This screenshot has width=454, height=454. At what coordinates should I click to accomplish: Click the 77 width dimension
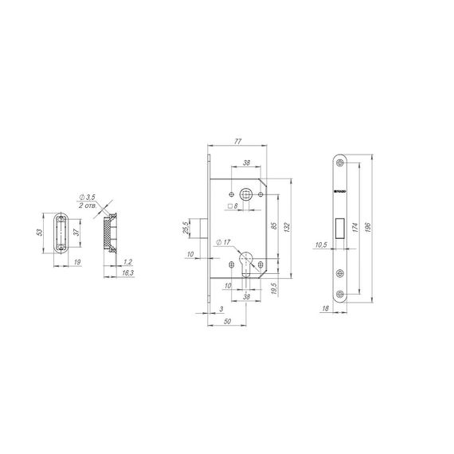238,143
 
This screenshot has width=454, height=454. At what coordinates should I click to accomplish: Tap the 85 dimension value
273,227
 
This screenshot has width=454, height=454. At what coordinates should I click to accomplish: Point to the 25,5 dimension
186,228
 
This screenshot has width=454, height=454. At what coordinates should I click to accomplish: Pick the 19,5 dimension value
273,287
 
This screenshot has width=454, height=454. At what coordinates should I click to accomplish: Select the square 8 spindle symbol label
235,206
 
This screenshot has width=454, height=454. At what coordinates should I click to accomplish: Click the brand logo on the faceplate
338,192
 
